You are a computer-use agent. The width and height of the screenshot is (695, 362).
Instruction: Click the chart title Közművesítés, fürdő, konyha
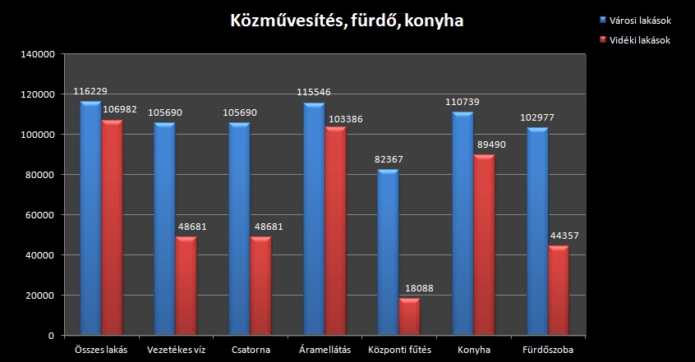(x=347, y=20)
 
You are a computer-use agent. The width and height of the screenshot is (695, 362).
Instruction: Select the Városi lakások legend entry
(x=648, y=21)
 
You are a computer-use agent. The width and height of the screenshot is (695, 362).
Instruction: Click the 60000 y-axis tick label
(x=40, y=215)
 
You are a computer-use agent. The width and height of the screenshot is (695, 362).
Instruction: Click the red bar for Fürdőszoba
(x=559, y=291)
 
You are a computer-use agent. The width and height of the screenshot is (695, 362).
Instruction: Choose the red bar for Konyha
(x=485, y=245)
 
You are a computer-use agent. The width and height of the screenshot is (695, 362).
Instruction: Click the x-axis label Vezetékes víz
(x=176, y=350)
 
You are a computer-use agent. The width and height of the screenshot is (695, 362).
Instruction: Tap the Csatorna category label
(x=251, y=350)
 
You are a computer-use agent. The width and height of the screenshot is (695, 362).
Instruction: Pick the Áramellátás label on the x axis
(x=325, y=350)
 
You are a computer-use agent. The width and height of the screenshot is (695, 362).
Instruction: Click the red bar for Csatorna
(x=261, y=286)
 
